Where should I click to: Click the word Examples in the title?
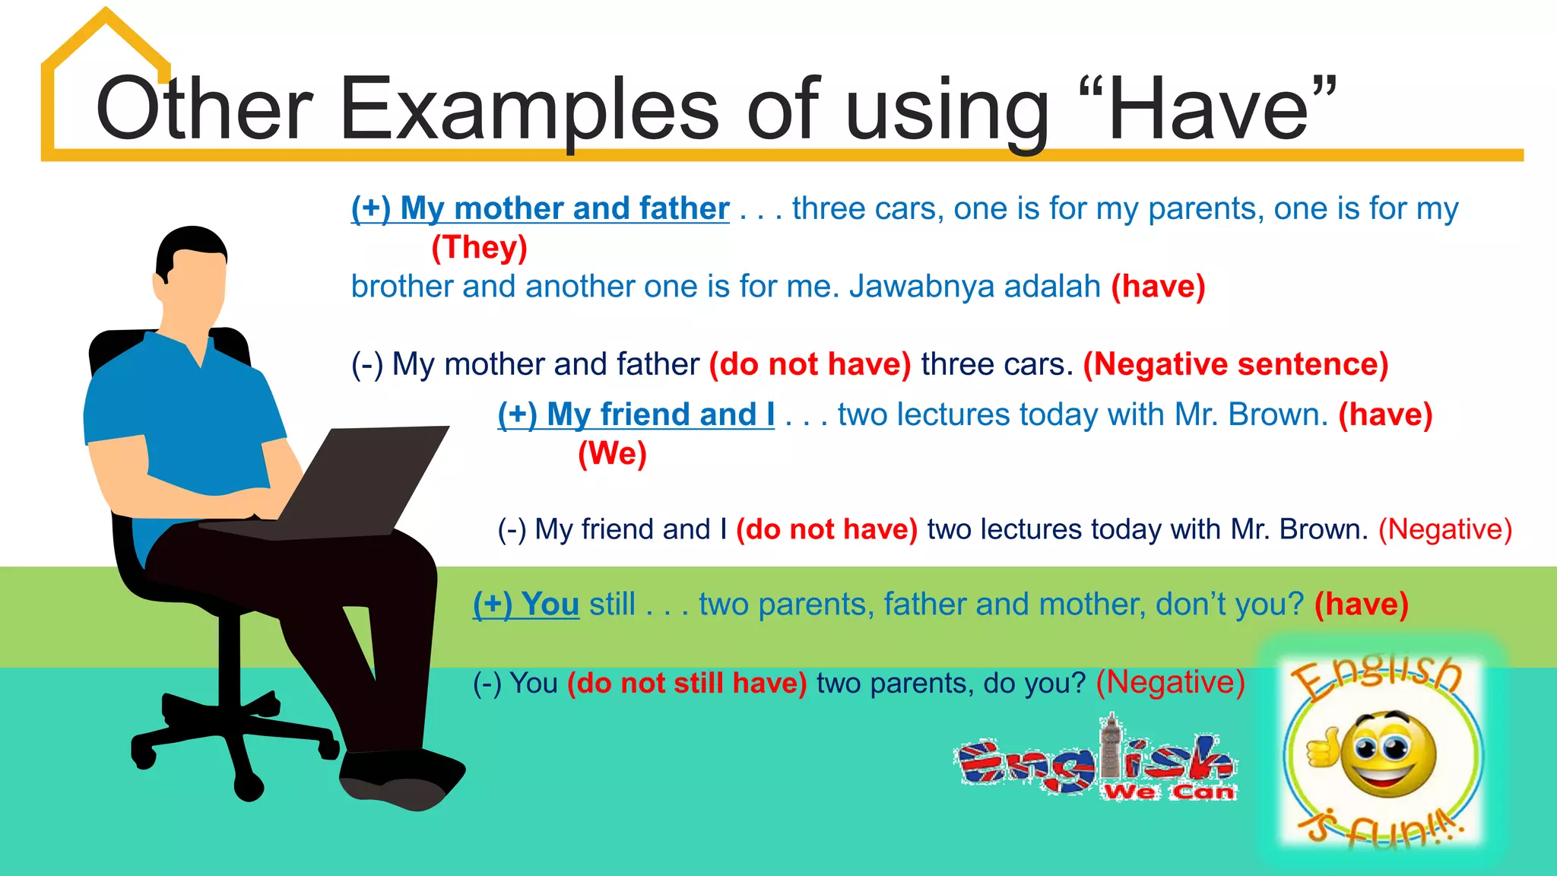[528, 110]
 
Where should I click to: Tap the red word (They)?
[479, 247]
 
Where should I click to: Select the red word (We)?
[612, 454]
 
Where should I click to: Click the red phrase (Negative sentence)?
[1235, 364]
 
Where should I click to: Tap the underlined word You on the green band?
[550, 605]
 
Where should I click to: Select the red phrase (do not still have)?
[687, 683]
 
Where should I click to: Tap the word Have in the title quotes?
[1209, 110]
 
